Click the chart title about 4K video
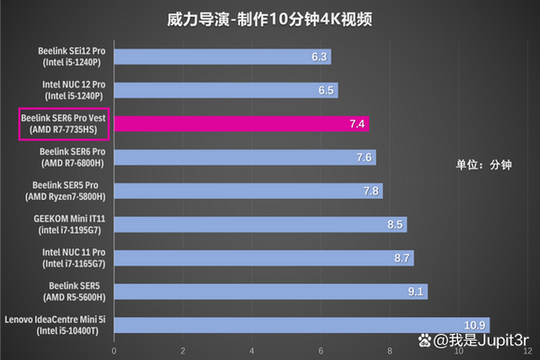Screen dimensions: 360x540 [x=271, y=18]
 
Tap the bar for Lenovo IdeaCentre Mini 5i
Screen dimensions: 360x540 [x=301, y=325]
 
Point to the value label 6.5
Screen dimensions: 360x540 [x=327, y=91]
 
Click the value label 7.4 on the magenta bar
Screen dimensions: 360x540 [x=357, y=124]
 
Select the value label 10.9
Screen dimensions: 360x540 [x=475, y=325]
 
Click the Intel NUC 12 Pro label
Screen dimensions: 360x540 [x=73, y=90]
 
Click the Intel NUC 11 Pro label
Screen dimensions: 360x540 [x=73, y=257]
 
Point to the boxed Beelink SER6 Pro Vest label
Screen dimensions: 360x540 [x=63, y=124]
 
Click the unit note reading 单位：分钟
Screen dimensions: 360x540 [x=482, y=165]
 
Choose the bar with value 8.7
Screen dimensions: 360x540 [x=264, y=258]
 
